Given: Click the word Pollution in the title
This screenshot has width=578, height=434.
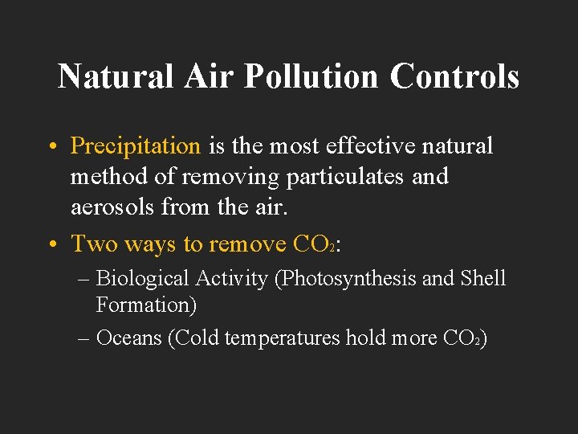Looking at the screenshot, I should [x=310, y=76].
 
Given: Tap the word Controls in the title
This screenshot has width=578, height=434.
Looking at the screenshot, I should [x=454, y=76].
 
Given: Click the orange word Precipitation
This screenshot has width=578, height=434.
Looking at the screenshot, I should [x=136, y=146].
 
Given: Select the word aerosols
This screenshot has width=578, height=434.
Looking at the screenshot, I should [x=112, y=207].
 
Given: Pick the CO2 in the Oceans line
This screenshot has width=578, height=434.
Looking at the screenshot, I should [x=462, y=338].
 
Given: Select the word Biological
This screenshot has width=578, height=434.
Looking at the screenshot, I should [x=140, y=279].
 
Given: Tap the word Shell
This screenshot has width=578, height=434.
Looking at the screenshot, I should [x=482, y=279].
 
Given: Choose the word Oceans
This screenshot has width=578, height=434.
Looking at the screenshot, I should [x=128, y=338].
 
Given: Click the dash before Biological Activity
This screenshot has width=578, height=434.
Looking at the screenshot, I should [x=84, y=279].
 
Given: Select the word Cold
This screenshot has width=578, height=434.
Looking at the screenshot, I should [x=196, y=338].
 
